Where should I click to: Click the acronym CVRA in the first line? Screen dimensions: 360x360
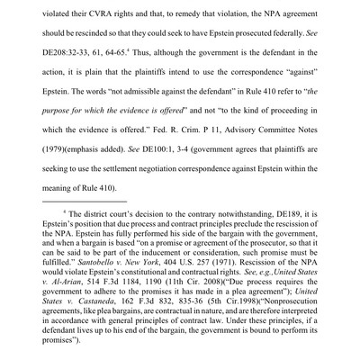click(117, 7)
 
